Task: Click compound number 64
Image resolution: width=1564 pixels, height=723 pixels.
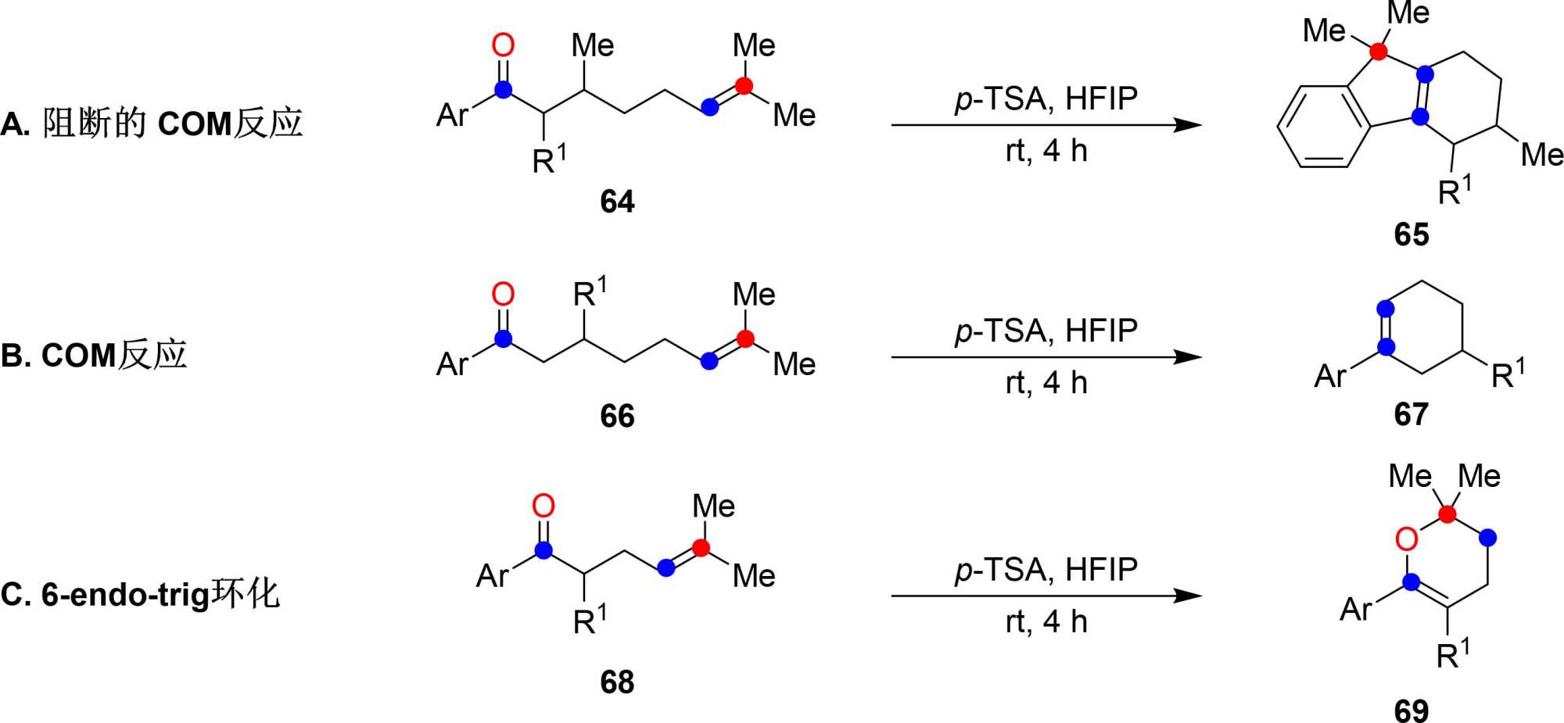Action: (617, 202)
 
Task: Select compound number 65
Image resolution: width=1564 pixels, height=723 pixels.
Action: (1411, 234)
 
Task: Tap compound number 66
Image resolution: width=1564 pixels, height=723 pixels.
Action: (617, 416)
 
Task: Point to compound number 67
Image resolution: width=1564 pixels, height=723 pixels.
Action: (1411, 414)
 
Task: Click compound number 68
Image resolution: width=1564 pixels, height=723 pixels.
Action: (617, 682)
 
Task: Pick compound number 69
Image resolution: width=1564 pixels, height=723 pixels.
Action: (1411, 710)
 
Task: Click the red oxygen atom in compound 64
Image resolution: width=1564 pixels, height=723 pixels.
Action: (503, 45)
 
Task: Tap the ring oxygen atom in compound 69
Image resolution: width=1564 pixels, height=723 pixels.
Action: (1406, 539)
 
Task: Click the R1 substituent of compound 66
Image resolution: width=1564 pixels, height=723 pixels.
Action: (589, 293)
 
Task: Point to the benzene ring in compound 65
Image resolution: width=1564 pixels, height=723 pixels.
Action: (1323, 126)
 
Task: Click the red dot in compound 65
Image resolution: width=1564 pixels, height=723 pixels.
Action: (1379, 52)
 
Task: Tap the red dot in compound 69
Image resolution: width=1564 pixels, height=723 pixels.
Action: (1447, 514)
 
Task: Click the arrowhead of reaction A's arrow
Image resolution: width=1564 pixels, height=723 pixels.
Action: (1188, 125)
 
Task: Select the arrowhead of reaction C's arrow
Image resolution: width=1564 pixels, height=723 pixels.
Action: (1188, 596)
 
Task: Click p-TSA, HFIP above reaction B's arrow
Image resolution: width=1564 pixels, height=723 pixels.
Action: (1046, 331)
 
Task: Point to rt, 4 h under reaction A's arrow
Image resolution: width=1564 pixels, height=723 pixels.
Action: (1046, 151)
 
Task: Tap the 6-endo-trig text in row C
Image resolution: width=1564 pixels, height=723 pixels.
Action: (125, 595)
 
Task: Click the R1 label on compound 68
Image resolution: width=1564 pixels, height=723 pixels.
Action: (589, 621)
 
